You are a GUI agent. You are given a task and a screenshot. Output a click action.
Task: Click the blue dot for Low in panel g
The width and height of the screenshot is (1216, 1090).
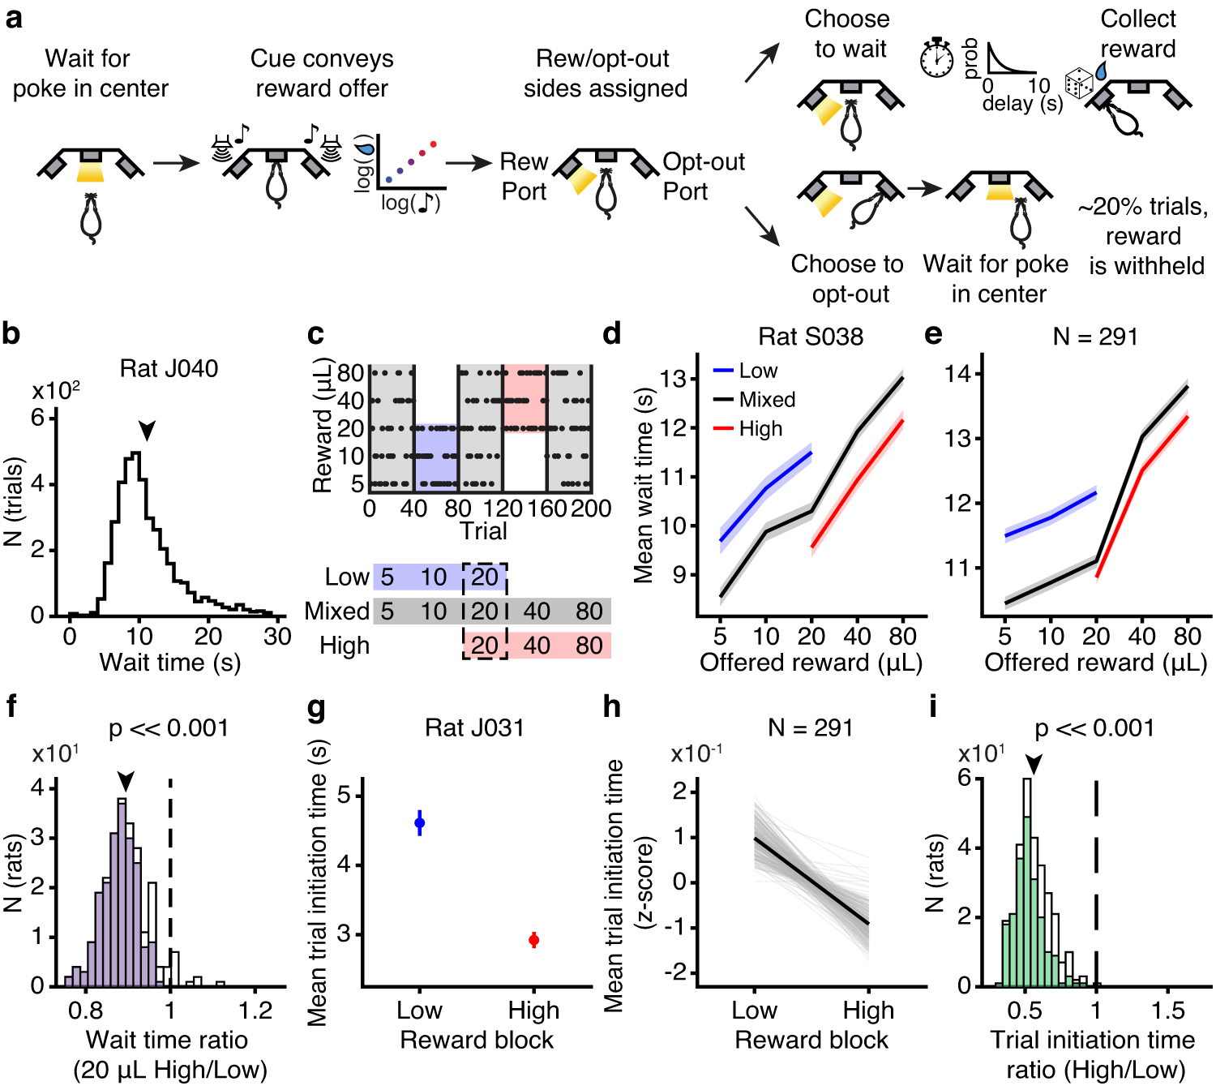[419, 823]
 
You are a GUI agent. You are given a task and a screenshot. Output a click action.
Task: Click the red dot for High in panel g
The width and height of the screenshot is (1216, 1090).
[533, 940]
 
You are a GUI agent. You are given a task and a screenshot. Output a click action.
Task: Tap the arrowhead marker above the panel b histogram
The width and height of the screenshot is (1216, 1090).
[146, 431]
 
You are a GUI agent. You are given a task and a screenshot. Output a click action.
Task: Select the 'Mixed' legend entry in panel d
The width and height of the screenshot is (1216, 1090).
[766, 400]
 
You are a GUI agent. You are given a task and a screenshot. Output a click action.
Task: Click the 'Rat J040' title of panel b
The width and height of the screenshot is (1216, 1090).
[169, 369]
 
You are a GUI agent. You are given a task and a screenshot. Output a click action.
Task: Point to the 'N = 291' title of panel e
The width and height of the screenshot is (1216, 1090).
[1094, 337]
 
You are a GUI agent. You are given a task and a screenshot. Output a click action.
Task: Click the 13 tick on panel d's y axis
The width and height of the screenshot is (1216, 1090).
[673, 379]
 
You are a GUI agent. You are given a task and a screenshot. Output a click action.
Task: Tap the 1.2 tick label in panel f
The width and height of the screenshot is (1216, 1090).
[255, 1011]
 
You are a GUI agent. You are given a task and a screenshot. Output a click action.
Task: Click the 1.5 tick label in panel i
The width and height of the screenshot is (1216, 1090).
[1167, 1011]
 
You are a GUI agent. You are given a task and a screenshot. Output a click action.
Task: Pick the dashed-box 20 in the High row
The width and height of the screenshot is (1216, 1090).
[485, 646]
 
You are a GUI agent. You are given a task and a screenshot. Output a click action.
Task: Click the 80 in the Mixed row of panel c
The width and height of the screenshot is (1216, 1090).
[589, 611]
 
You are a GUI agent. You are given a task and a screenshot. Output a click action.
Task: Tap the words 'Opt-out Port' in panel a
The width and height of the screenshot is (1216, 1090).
[703, 177]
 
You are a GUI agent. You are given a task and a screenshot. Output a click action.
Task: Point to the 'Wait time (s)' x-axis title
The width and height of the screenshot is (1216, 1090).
[169, 663]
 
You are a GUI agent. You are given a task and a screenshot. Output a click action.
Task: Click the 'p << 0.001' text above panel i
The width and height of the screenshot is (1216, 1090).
[1094, 728]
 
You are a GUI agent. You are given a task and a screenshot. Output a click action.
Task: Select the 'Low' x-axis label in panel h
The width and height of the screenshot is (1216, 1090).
[754, 1011]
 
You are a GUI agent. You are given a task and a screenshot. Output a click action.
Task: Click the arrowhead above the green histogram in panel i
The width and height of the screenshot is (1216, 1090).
[1033, 764]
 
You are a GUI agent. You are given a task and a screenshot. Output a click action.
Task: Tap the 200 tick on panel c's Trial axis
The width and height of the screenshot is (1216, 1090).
[591, 509]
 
